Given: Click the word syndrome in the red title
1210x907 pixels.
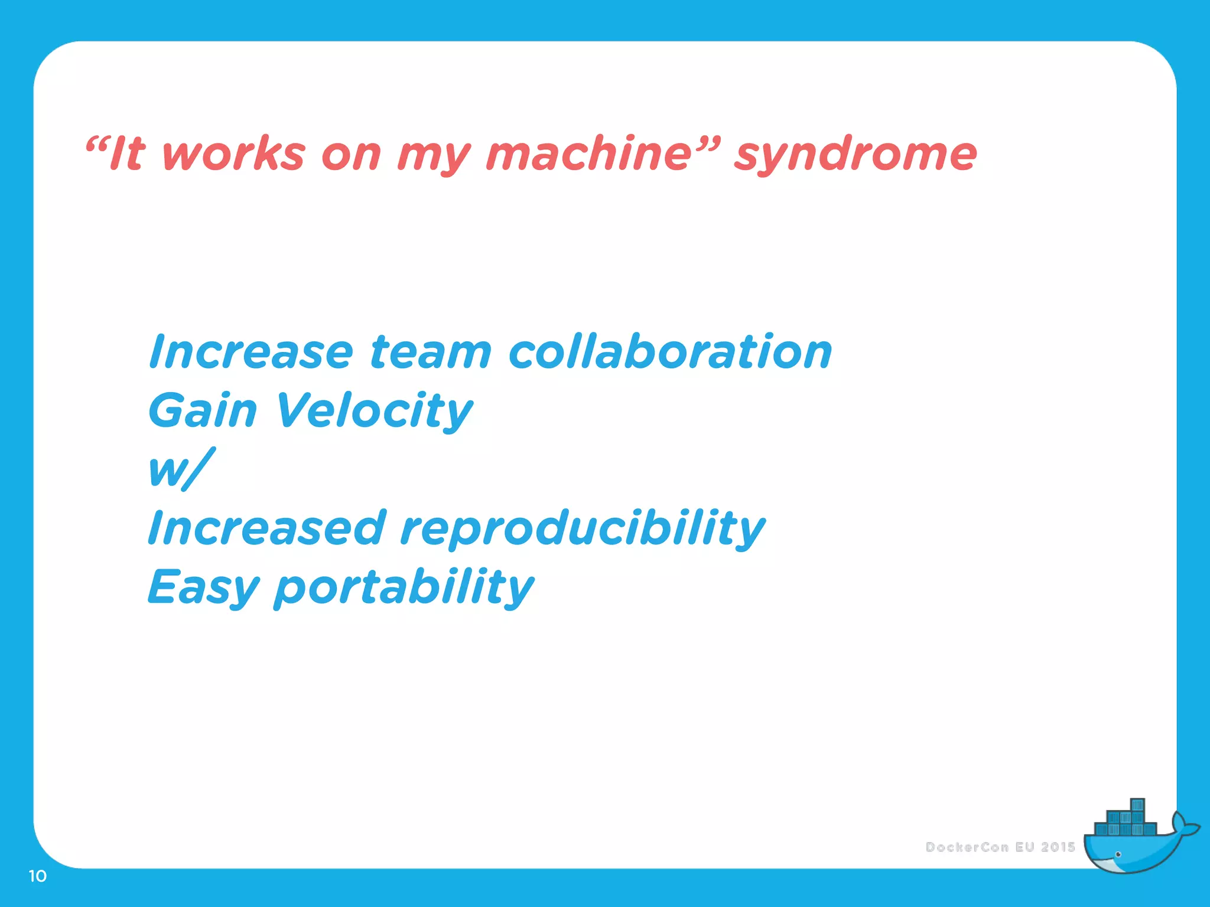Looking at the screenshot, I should click(855, 155).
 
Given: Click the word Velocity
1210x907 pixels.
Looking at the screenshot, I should click(374, 411).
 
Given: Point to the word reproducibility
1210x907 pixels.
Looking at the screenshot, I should click(582, 528).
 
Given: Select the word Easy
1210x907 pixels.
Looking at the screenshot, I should click(203, 588).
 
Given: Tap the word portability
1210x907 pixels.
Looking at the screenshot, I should click(404, 588).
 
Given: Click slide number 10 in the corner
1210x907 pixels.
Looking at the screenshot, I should click(37, 876).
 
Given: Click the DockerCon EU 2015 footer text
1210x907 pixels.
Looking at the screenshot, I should click(1000, 847).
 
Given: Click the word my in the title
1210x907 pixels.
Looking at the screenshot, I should click(433, 155).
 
